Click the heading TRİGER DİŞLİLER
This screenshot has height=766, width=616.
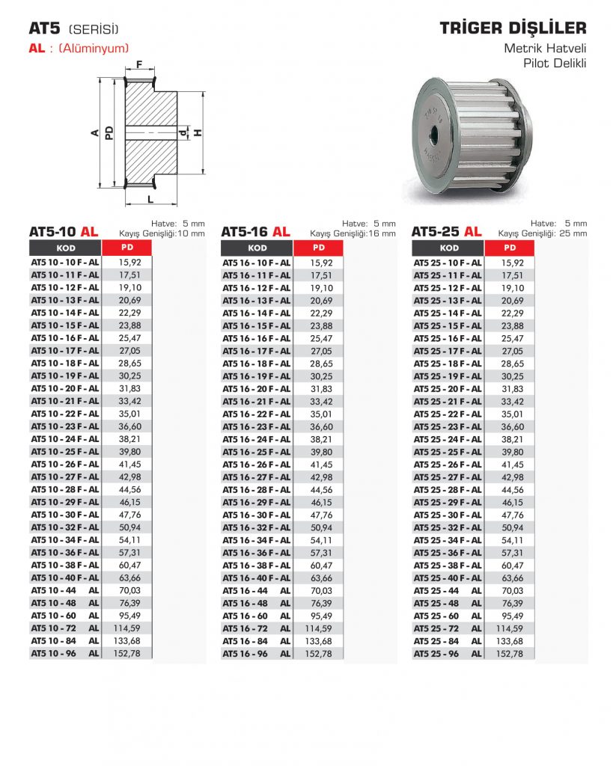pyautogui.click(x=513, y=28)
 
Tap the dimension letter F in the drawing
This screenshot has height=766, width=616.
pyautogui.click(x=139, y=64)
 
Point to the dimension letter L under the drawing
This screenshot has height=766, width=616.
pyautogui.click(x=150, y=199)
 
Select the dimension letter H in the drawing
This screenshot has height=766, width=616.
pyautogui.click(x=198, y=132)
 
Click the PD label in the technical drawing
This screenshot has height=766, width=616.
pyautogui.click(x=109, y=133)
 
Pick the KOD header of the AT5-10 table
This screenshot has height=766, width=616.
pyautogui.click(x=66, y=248)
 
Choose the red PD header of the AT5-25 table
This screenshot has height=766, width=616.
pyautogui.click(x=510, y=248)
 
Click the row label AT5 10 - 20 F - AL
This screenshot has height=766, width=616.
pyautogui.click(x=65, y=388)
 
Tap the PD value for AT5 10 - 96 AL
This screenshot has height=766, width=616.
pyautogui.click(x=127, y=653)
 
